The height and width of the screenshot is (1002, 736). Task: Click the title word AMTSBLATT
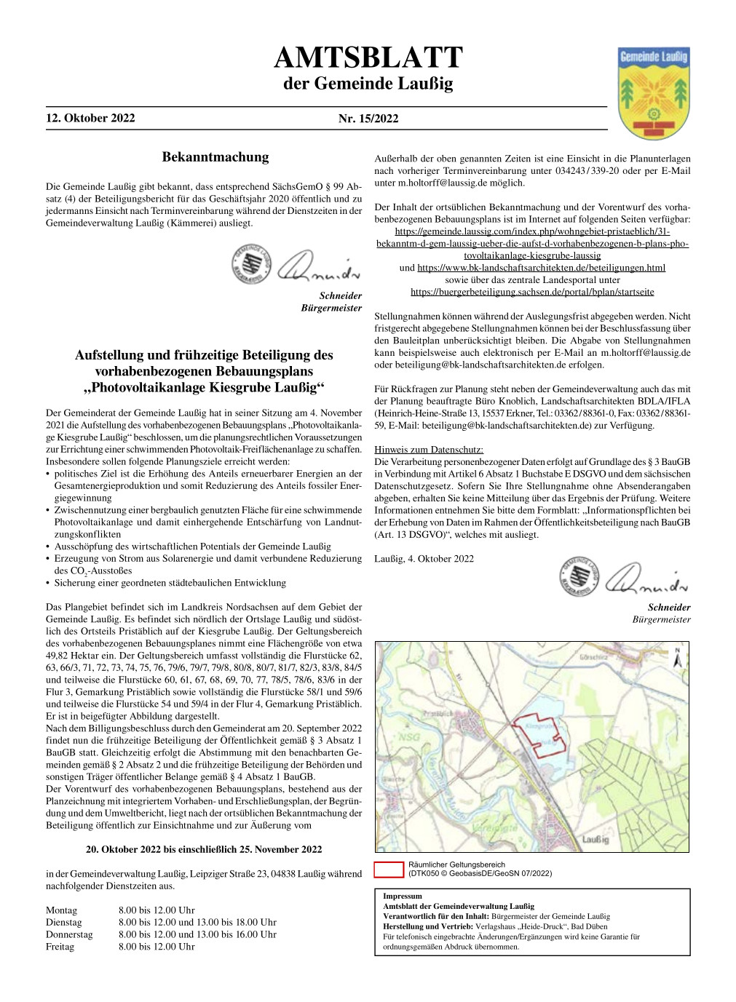coord(368,58)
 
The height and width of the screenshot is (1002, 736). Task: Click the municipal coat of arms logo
coord(653,92)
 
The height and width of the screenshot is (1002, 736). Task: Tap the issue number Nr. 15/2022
coord(368,119)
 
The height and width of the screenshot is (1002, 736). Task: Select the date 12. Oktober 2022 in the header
coord(90,118)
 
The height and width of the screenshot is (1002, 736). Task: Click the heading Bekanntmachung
coord(215,157)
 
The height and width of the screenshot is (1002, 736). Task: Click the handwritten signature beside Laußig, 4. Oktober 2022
coord(646,579)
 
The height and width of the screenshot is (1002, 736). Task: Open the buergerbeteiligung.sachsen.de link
coord(532,292)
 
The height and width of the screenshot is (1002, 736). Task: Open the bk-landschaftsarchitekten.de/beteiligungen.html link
coord(541,268)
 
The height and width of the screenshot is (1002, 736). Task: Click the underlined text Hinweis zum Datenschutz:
coord(428,450)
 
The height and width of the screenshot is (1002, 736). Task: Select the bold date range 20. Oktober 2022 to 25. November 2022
coord(204,849)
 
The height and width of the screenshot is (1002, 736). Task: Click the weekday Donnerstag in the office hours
coord(69,934)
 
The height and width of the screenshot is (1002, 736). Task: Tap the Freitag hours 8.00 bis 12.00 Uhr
coord(157,947)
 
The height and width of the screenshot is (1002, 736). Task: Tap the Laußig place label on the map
coord(595,839)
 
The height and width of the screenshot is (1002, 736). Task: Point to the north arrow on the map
coord(677,659)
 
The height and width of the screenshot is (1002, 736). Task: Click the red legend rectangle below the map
coord(388,869)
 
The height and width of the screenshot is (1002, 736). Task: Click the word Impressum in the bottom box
coord(403,896)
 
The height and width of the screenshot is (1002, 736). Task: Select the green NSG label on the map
coord(409,736)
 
